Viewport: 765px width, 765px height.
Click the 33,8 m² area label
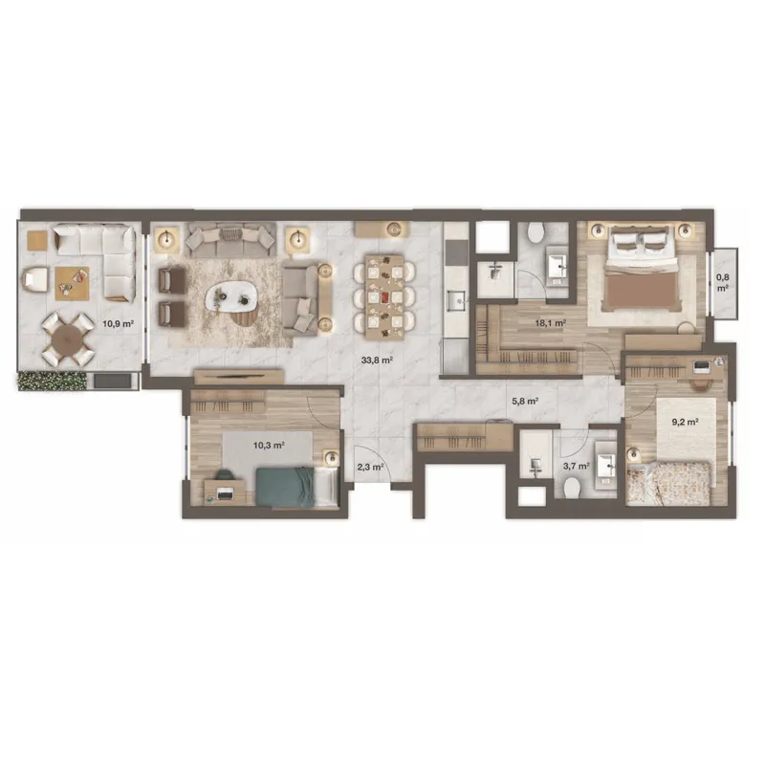377,361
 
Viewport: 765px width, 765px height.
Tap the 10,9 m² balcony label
118,323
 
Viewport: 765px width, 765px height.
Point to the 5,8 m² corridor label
524,402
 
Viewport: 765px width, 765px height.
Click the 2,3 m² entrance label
370,467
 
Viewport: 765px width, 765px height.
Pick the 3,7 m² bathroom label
577,466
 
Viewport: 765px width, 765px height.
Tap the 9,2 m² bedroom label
685,422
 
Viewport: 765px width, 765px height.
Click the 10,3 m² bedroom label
269,445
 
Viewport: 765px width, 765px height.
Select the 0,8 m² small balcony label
723,282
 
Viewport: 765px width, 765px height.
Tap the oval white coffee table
231,297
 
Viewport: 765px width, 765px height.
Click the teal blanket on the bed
286,487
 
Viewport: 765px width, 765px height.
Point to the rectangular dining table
385,296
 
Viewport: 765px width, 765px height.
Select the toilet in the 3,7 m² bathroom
571,487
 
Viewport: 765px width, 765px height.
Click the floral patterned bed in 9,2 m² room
668,483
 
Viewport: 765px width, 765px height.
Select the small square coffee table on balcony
72,283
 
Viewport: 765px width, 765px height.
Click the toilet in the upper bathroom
535,232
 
